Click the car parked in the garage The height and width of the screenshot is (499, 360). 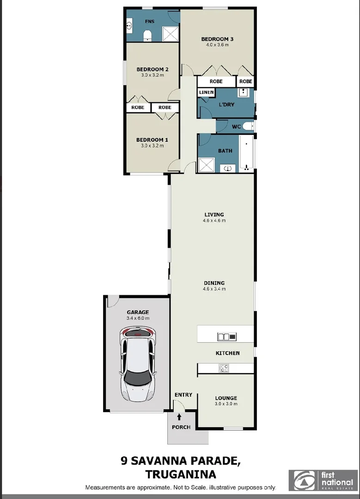[138, 365]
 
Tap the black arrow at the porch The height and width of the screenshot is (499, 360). [179, 417]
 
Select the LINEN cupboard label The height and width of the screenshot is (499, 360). [206, 92]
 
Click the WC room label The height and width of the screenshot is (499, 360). [236, 127]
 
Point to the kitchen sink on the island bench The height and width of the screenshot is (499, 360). [226, 336]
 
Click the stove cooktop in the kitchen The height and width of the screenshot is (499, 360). [224, 368]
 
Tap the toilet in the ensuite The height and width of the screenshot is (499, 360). [147, 36]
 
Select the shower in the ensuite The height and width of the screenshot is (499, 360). [170, 34]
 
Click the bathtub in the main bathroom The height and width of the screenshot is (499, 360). [246, 153]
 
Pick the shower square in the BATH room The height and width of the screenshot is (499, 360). [206, 165]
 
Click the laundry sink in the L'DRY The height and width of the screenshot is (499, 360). [243, 92]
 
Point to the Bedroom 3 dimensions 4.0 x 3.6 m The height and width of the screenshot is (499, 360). [217, 45]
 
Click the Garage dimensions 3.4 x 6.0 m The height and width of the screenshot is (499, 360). [138, 318]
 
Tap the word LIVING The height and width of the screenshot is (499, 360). [214, 214]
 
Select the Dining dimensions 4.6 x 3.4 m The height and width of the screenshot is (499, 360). [214, 289]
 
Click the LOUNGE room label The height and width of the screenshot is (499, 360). [226, 398]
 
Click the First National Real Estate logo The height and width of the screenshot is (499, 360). [323, 480]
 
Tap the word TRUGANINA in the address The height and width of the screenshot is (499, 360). [181, 475]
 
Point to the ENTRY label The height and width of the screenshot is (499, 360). [183, 395]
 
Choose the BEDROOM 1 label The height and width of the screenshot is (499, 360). [152, 140]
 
